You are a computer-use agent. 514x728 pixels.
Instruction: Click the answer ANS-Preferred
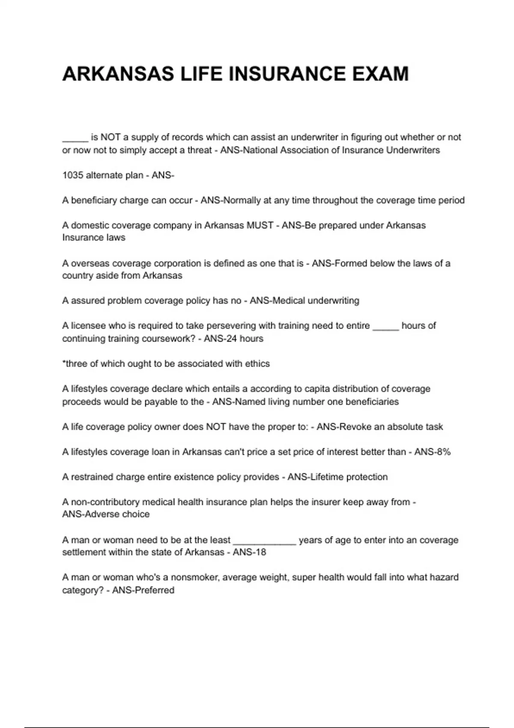click(143, 590)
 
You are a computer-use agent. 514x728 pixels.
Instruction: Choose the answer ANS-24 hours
click(233, 338)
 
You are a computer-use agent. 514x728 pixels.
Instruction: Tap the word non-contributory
click(105, 502)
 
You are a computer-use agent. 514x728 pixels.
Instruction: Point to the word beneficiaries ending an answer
click(372, 402)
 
